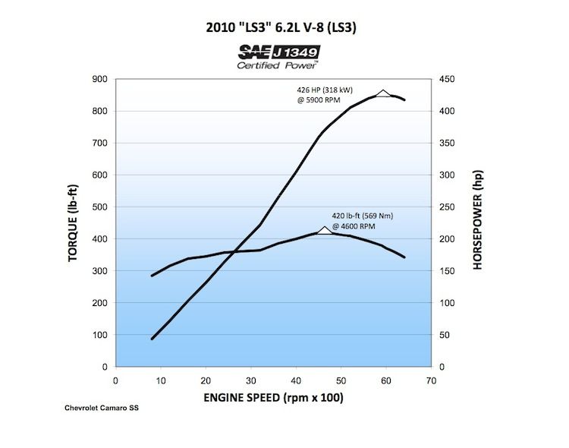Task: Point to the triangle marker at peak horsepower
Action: pos(383,93)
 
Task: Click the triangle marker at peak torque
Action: pos(324,230)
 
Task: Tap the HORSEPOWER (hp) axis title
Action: pos(477,222)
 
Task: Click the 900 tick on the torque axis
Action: pos(99,79)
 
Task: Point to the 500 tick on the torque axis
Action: pos(99,207)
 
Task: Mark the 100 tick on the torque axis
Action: pos(99,335)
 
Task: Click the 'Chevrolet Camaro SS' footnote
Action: pos(102,409)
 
